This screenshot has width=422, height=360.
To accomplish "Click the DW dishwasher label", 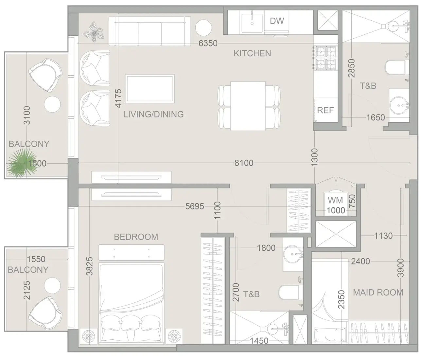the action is (x=277, y=21).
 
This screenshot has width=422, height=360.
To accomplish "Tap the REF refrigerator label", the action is (x=325, y=110).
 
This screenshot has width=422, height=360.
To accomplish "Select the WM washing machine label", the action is (x=335, y=200).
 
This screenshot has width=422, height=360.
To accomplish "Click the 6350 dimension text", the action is (x=208, y=43).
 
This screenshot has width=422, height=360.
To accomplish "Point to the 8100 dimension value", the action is (x=244, y=163).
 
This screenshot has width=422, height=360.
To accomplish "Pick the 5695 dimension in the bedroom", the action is (x=195, y=207).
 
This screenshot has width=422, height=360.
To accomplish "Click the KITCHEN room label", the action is (x=252, y=53).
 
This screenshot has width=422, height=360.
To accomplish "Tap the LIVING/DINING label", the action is (x=153, y=114).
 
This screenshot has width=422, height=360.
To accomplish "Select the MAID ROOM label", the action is (x=378, y=293).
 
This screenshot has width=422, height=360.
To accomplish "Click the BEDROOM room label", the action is (x=136, y=237).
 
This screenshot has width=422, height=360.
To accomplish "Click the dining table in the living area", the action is (x=248, y=106).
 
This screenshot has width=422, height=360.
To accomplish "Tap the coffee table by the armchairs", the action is (x=150, y=88).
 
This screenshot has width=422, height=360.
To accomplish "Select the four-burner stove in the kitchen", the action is (x=325, y=58).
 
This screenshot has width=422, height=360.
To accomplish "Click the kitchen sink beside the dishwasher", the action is (x=252, y=23).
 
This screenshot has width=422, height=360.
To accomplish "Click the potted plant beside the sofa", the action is (x=94, y=32).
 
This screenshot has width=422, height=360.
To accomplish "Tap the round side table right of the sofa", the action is (x=203, y=28).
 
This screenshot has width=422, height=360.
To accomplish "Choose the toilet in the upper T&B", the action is (x=396, y=67).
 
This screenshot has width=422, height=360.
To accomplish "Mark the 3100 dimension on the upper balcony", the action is (x=27, y=116).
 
